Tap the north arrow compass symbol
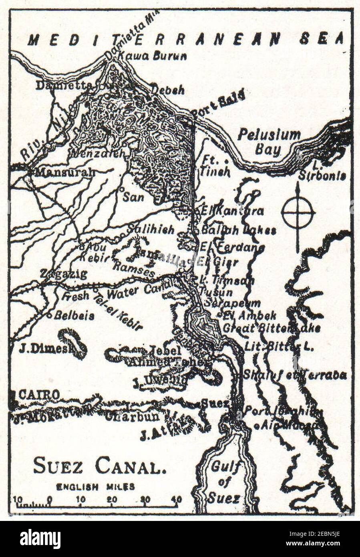point(298,212)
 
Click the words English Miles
point(95,487)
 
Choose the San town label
point(133,197)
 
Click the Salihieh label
point(151,230)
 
